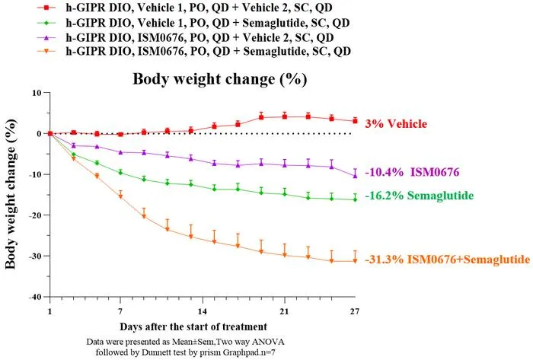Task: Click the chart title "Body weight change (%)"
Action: pyautogui.click(x=219, y=79)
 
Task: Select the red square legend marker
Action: pyautogui.click(x=47, y=8)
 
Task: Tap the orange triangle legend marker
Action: pyautogui.click(x=47, y=51)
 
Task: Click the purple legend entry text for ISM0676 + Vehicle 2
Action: pyautogui.click(x=199, y=37)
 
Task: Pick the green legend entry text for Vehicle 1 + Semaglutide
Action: pyautogui.click(x=207, y=22)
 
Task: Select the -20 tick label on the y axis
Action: pyautogui.click(x=35, y=215)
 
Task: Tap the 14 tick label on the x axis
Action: pyautogui.click(x=203, y=311)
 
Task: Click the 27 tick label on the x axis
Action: pyautogui.click(x=355, y=311)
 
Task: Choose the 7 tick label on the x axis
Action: pyautogui.click(x=120, y=311)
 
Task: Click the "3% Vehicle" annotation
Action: pyautogui.click(x=396, y=123)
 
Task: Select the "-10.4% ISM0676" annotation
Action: pyautogui.click(x=413, y=172)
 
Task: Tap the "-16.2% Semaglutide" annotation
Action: pyautogui.click(x=420, y=196)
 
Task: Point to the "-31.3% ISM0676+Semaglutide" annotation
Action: pyautogui.click(x=448, y=260)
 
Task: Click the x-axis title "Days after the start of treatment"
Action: pyautogui.click(x=193, y=327)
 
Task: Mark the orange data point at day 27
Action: pyautogui.click(x=355, y=261)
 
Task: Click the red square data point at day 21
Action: pyautogui.click(x=285, y=117)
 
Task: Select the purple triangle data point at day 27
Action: pyautogui.click(x=355, y=176)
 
